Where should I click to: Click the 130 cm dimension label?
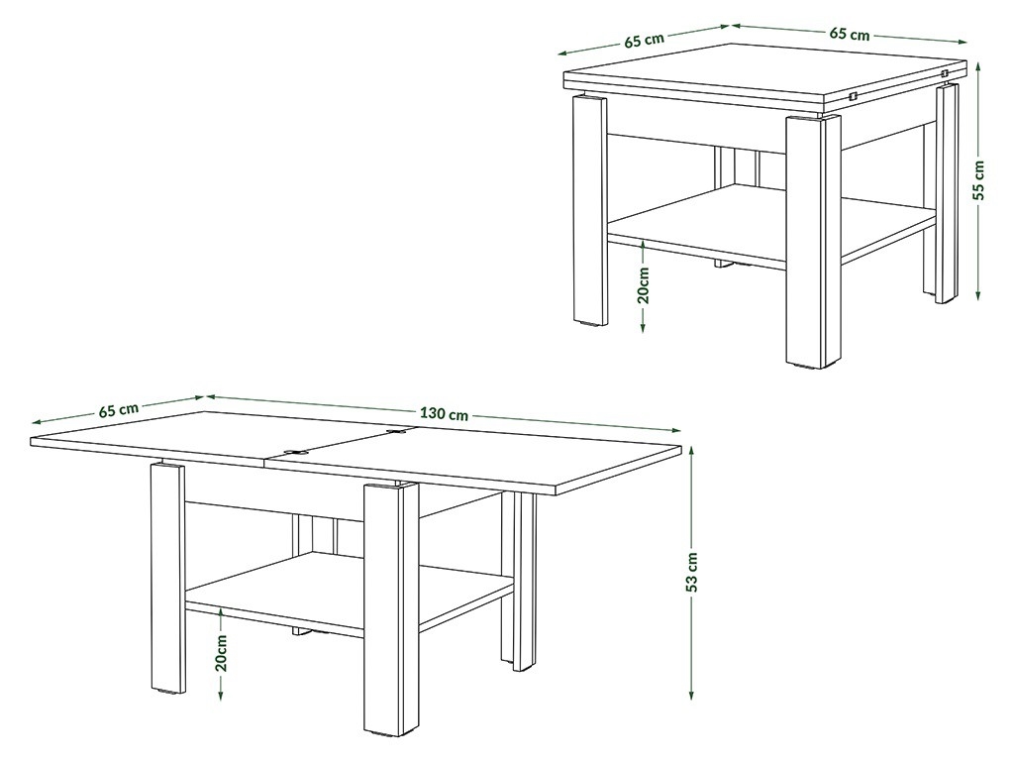click(x=444, y=413)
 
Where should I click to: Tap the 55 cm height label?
click(x=978, y=181)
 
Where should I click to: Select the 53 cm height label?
click(x=691, y=572)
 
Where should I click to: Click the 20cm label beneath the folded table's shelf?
click(x=644, y=284)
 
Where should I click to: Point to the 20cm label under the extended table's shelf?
click(x=221, y=652)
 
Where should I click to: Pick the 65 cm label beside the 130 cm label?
click(x=119, y=409)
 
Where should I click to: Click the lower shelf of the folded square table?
click(x=772, y=223)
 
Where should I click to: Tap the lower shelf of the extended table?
click(x=350, y=593)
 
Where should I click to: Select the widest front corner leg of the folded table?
click(x=813, y=241)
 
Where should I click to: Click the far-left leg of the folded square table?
click(x=590, y=209)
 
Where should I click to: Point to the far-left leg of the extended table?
click(x=167, y=578)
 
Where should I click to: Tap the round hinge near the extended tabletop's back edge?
click(x=394, y=430)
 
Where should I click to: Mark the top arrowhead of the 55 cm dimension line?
click(x=978, y=66)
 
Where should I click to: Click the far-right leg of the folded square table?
click(x=947, y=194)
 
